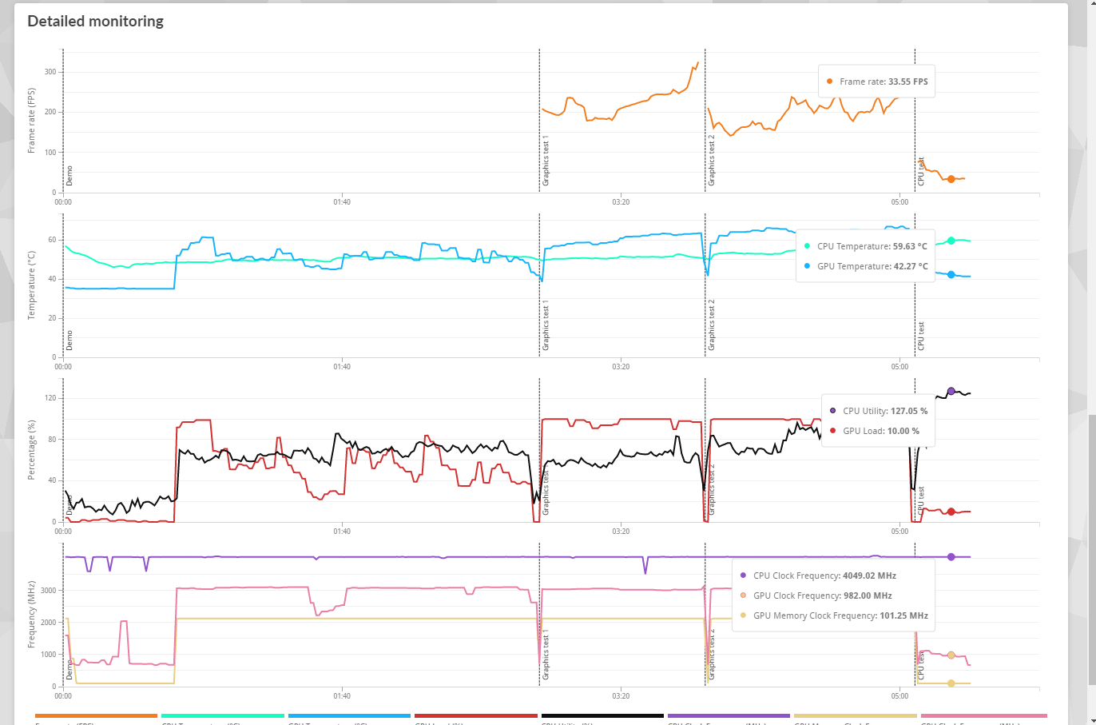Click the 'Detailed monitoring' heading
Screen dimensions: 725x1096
[x=96, y=22]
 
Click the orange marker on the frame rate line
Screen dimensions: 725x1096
[x=951, y=179]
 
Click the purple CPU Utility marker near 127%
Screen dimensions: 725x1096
[x=951, y=391]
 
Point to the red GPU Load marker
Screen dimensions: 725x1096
[x=951, y=512]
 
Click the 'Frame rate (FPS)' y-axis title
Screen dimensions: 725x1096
[x=32, y=121]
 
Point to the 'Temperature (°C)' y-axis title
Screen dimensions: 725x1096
[x=32, y=285]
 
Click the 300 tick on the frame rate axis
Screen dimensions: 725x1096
[x=50, y=72]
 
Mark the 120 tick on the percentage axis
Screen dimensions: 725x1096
[x=50, y=398]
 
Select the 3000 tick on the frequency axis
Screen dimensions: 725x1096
[x=49, y=591]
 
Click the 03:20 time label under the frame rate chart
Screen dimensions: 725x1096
[x=621, y=202]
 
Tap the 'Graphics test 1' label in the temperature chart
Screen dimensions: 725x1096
[x=546, y=325]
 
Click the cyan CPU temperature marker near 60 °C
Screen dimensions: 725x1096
[x=951, y=241]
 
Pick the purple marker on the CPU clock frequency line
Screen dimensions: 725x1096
[x=951, y=556]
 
